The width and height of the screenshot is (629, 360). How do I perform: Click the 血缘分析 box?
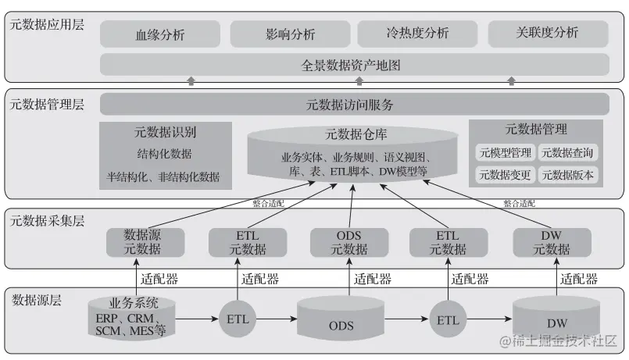click(x=159, y=34)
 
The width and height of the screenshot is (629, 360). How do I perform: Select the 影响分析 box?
click(x=289, y=34)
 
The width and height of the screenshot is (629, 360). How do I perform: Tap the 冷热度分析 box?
click(x=418, y=34)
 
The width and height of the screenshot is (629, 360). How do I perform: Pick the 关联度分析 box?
click(x=548, y=34)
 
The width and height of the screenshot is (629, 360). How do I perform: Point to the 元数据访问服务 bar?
click(x=354, y=105)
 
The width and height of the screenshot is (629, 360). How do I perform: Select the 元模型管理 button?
click(x=504, y=152)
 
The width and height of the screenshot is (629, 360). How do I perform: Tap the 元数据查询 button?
click(x=568, y=152)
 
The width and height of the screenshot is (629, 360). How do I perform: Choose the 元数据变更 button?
click(x=504, y=175)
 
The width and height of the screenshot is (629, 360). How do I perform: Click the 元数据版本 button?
click(x=568, y=175)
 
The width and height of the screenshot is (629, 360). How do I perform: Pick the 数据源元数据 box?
click(x=143, y=242)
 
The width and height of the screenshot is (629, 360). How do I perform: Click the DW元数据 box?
click(x=552, y=242)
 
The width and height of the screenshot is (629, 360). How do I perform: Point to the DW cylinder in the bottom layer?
click(x=556, y=320)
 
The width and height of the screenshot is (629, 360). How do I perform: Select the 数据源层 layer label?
click(x=37, y=298)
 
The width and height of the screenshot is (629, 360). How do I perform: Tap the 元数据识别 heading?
click(x=165, y=132)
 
